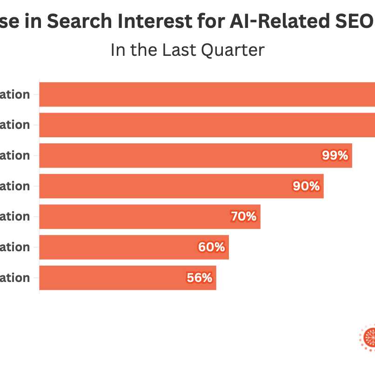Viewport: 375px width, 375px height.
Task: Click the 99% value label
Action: point(335,155)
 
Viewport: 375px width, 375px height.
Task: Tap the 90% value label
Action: point(306,186)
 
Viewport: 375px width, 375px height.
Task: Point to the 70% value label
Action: point(243,216)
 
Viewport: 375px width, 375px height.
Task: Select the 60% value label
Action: point(211,247)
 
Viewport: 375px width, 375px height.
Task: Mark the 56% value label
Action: point(200,278)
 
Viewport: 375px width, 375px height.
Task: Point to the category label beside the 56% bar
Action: point(15,278)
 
